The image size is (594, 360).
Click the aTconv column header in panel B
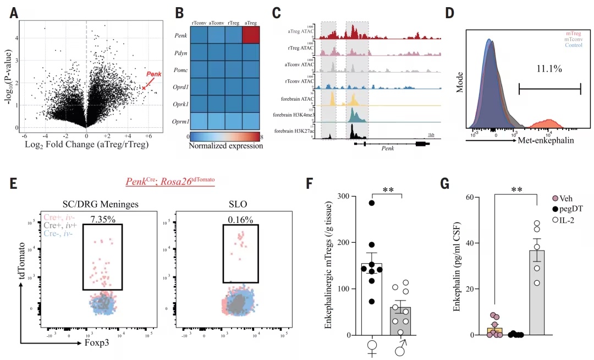point(216,22)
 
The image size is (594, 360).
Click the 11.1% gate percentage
point(549,69)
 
